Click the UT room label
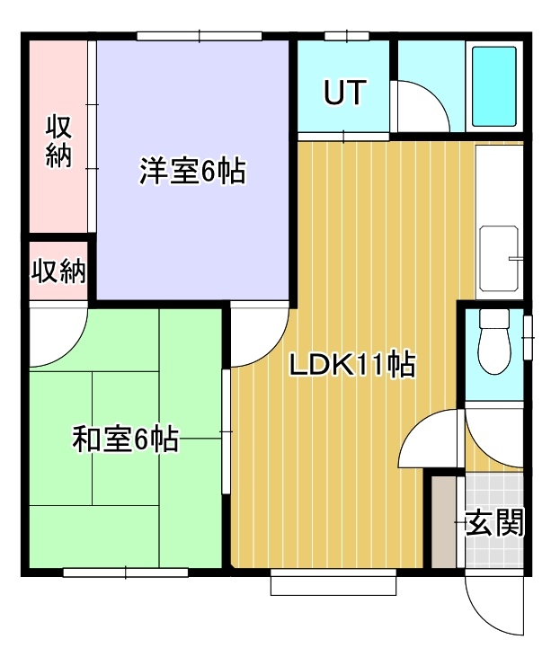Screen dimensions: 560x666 pos(344,92)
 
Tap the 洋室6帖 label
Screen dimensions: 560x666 pos(193,171)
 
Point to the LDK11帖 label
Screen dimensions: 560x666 pos(352,364)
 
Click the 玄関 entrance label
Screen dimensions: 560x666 pos(494,522)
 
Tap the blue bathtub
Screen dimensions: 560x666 pos(494,86)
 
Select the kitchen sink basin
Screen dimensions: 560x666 pos(499,258)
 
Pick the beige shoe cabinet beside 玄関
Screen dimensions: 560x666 pos(443,522)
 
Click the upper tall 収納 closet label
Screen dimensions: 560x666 pos(58,140)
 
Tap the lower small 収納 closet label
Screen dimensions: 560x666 pos(58,271)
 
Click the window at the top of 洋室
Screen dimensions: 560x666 pos(199,36)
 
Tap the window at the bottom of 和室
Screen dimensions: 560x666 pos(126,573)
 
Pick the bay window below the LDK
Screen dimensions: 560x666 pos(333,582)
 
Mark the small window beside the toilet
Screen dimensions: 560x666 pos(528,338)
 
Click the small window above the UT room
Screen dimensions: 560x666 pos(347,36)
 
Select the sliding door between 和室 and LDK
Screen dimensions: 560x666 pos(227,431)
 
